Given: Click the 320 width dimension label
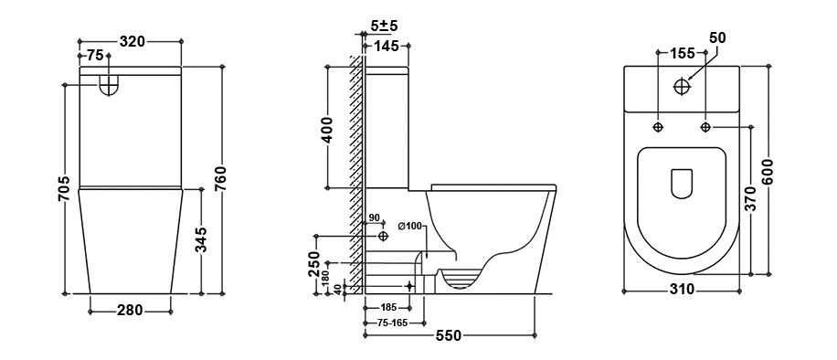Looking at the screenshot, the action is [132, 41].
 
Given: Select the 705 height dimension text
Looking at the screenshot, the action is [64, 188].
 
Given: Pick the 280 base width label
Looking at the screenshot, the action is [130, 311].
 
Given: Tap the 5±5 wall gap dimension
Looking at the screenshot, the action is [385, 25].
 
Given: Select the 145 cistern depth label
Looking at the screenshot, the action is [386, 47].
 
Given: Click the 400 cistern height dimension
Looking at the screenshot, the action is [326, 129].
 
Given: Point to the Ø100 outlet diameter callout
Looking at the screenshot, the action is [410, 226].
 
